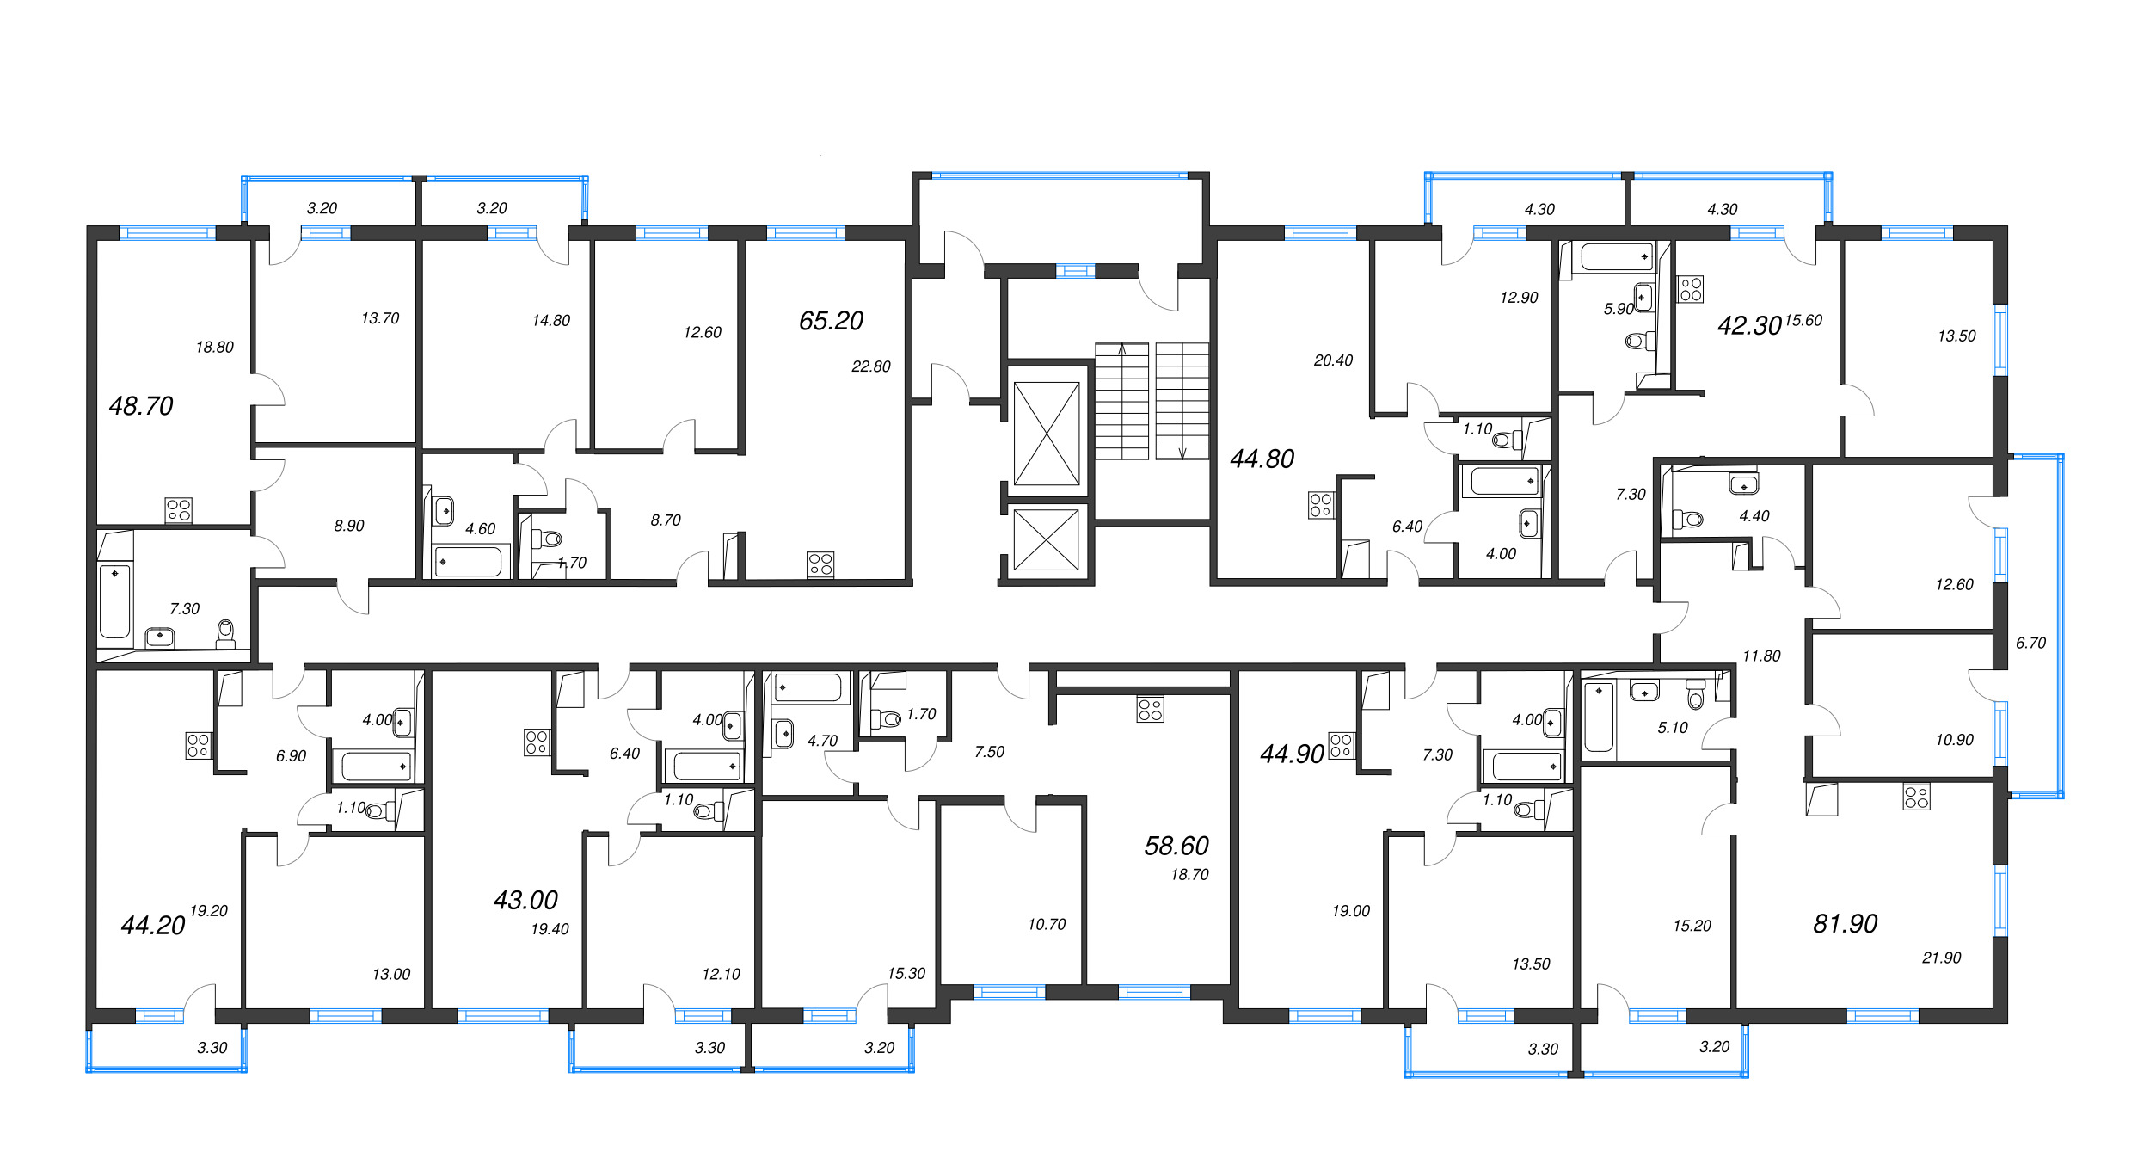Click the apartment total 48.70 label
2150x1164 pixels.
(141, 406)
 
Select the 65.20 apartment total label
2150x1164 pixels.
(831, 321)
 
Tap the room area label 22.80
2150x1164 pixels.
(870, 366)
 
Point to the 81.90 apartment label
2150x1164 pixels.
(1845, 924)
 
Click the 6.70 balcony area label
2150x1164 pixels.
(2030, 643)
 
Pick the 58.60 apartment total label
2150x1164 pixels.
(1176, 846)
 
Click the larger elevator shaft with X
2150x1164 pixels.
(1047, 434)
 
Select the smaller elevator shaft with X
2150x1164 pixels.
(1047, 539)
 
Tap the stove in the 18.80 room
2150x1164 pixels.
(178, 510)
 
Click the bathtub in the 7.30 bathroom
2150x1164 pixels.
(114, 600)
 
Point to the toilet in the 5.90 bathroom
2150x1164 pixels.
(1640, 341)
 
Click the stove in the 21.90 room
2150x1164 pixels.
(1916, 797)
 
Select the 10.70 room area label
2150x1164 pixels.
(1046, 924)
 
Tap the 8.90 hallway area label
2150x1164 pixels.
(349, 526)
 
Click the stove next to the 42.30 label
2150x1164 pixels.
(1690, 289)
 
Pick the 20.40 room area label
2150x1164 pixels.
(1333, 360)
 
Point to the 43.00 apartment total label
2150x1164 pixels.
(525, 900)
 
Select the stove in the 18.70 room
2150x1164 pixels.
(1150, 710)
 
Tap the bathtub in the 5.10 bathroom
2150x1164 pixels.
(1599, 717)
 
